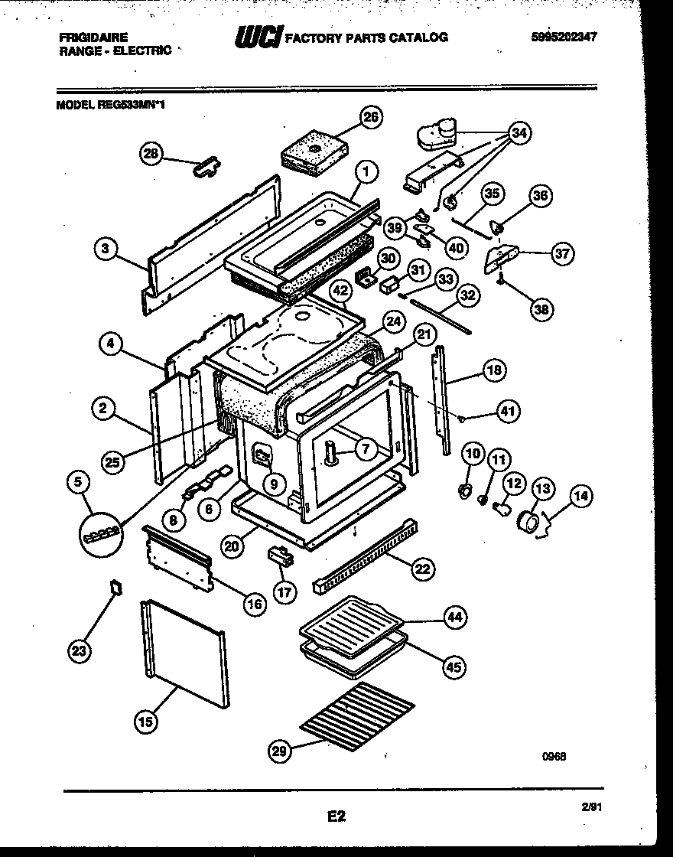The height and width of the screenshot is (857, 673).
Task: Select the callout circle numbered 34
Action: pyautogui.click(x=519, y=134)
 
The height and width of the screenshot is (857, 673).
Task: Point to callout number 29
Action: pyautogui.click(x=280, y=752)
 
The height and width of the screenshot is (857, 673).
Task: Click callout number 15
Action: pyautogui.click(x=145, y=719)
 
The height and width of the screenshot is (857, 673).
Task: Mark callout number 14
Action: pyautogui.click(x=580, y=496)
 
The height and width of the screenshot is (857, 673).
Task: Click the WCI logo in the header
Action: pyautogui.click(x=258, y=37)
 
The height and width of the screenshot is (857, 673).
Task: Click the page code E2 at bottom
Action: pyautogui.click(x=336, y=816)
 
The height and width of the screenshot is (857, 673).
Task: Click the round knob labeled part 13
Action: pyautogui.click(x=527, y=521)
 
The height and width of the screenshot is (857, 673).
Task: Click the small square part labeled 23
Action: pyautogui.click(x=116, y=587)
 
